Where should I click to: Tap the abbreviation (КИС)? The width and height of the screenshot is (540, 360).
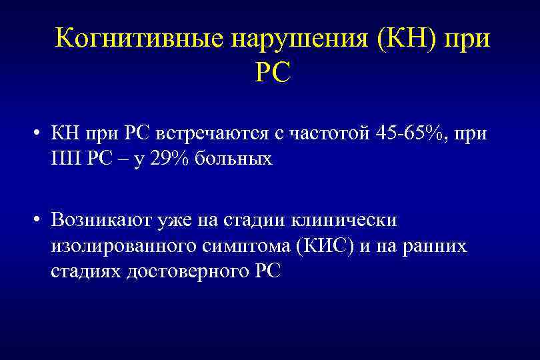[x=323, y=245]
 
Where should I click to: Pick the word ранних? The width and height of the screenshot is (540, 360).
[x=436, y=245]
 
